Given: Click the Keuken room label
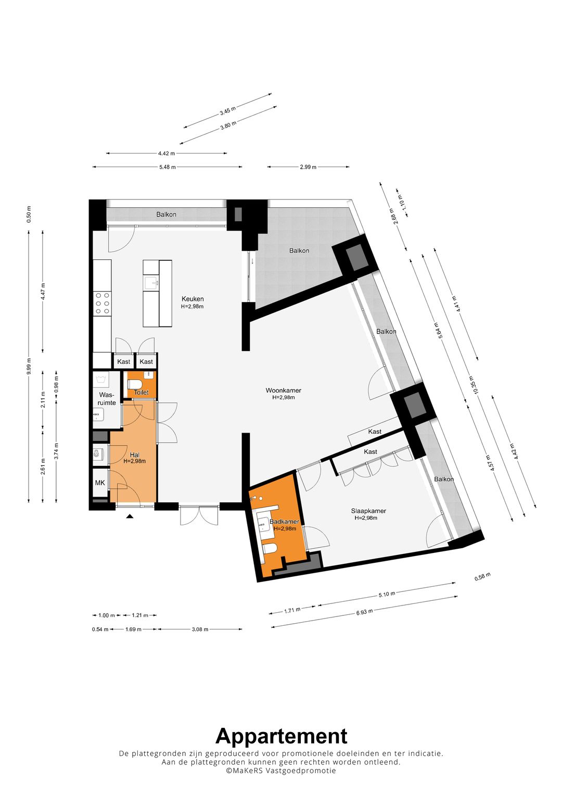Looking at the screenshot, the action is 193,299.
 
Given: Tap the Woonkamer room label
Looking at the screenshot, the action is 284,391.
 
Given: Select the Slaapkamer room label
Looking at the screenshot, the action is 368,511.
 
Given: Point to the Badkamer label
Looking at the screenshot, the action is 284,522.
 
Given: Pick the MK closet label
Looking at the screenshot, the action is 100,483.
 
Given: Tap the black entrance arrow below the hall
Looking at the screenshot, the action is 130,516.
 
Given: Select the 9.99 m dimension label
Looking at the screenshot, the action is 29,365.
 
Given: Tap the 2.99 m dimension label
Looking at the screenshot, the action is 308,167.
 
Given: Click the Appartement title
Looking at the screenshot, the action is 282,736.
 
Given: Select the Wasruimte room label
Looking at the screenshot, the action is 107,399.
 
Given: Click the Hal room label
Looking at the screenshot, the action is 134,455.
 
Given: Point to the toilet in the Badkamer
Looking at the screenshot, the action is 271,548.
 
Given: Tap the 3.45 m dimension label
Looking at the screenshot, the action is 227,111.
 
